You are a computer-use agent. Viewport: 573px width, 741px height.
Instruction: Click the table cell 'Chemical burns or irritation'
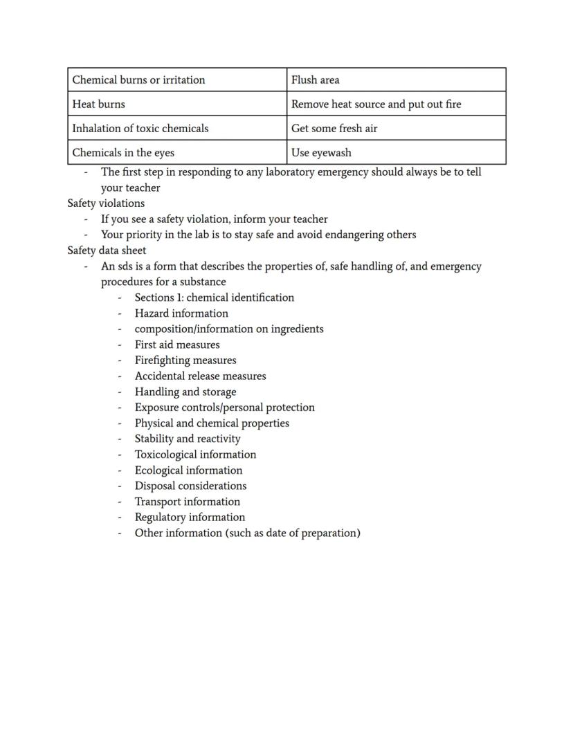click(138, 80)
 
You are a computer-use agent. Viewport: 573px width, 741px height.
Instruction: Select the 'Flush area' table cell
click(315, 80)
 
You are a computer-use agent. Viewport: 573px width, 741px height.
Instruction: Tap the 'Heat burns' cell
click(99, 104)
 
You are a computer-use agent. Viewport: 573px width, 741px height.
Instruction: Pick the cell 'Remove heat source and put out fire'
click(376, 104)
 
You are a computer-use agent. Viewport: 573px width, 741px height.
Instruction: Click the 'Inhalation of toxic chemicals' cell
click(140, 128)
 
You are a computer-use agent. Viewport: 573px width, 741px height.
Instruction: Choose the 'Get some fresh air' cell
click(334, 128)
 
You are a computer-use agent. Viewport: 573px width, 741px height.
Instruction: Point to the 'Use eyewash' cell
click(321, 153)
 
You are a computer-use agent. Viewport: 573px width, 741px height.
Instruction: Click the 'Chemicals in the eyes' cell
click(123, 153)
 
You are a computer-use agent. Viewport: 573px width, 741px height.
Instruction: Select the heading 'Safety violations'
click(106, 203)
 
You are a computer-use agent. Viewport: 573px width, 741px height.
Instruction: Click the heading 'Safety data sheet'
click(107, 250)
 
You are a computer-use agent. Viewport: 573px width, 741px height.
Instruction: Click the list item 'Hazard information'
click(181, 313)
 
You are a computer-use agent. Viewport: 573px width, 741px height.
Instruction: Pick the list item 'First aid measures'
click(177, 345)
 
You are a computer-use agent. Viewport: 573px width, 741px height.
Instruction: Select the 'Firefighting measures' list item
click(185, 360)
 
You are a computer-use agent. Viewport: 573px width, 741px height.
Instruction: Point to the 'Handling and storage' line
click(185, 392)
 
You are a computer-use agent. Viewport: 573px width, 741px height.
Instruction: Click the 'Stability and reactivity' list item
click(188, 439)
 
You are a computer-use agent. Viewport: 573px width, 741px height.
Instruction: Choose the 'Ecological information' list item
click(188, 470)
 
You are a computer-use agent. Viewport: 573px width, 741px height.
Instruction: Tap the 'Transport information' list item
click(188, 502)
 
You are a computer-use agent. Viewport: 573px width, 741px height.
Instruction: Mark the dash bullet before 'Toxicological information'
click(120, 455)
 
